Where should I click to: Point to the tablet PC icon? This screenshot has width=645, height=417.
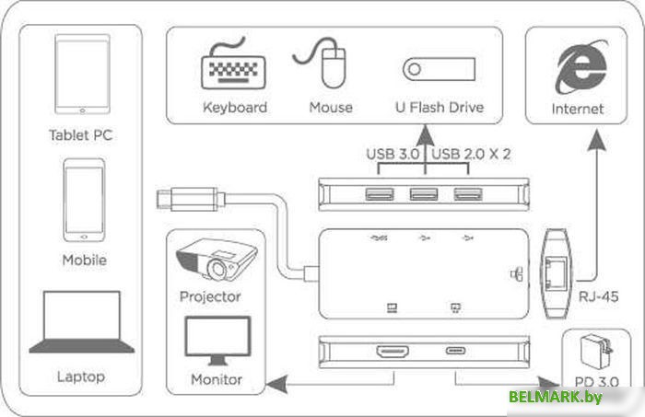tap(81, 77)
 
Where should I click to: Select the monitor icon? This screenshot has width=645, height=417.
tap(217, 342)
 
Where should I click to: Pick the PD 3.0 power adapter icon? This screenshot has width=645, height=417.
tap(592, 354)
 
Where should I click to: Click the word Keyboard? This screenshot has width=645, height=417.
tap(234, 108)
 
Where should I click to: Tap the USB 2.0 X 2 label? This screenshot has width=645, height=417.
tap(472, 154)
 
